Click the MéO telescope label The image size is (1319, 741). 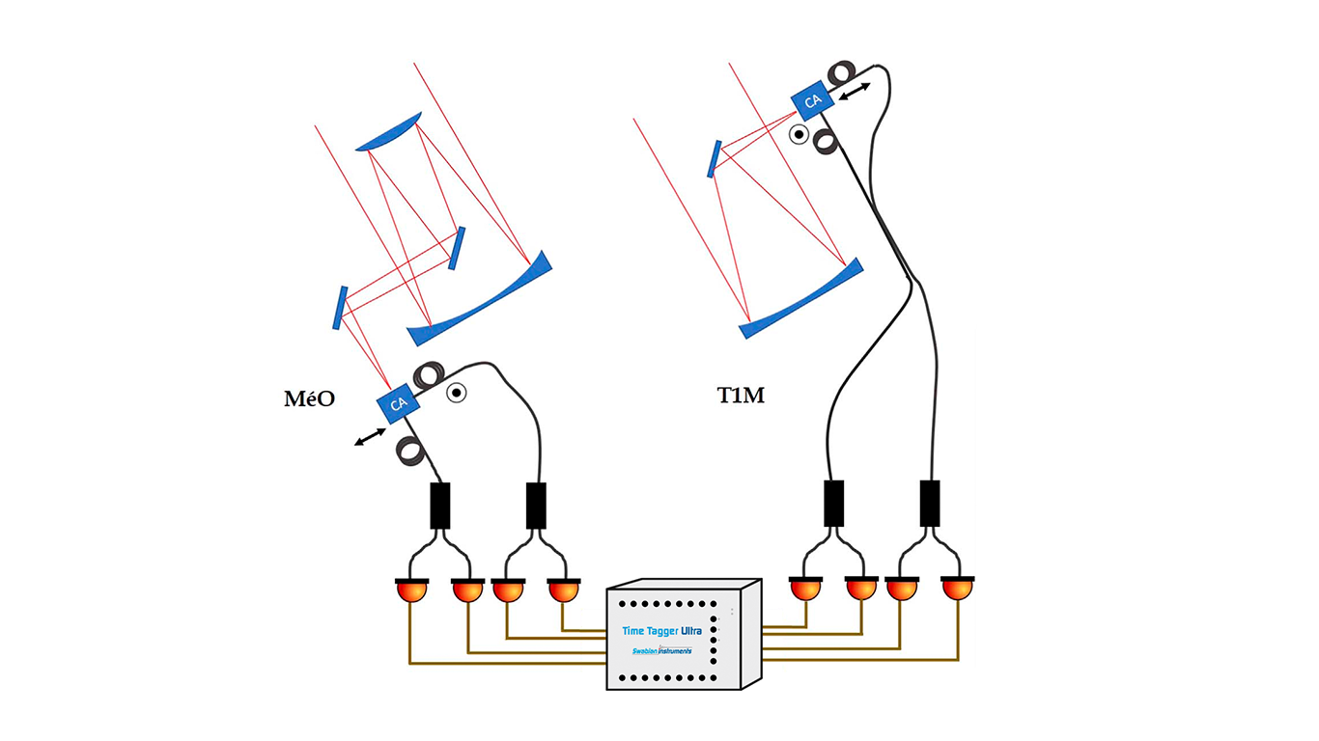[x=309, y=398]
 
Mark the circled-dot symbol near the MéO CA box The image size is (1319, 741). [x=456, y=392]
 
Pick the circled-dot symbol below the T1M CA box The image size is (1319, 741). [x=798, y=135]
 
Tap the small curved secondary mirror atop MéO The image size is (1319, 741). [x=390, y=132]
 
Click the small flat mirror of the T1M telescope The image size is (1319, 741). [x=714, y=159]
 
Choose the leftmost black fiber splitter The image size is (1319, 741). [x=439, y=506]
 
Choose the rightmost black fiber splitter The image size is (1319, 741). [x=930, y=503]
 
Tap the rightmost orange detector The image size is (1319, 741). [x=958, y=588]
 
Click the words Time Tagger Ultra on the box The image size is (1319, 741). [x=662, y=630]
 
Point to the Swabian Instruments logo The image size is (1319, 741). [x=661, y=650]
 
